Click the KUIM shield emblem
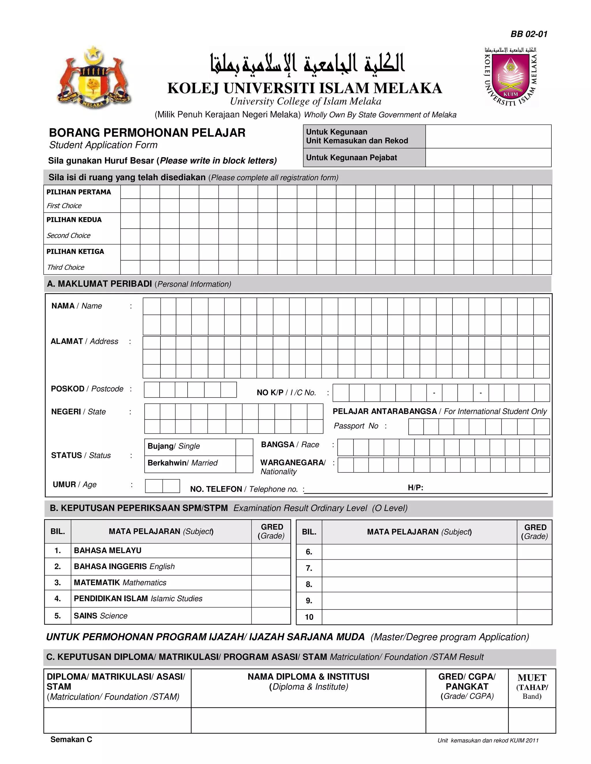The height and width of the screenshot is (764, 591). [510, 78]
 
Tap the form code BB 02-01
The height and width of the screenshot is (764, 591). [529, 34]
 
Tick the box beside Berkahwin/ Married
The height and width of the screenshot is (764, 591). [244, 464]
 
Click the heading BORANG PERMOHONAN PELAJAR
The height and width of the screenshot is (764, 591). [147, 133]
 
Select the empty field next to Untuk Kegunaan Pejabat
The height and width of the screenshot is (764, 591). [488, 157]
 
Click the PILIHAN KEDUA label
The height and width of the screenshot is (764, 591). [74, 220]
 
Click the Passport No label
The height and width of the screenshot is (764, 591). [356, 426]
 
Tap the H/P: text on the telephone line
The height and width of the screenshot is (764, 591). [415, 488]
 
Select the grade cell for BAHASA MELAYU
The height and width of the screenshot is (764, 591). [271, 551]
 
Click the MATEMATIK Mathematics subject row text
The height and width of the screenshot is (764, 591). [120, 582]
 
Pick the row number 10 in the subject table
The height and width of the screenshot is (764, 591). [309, 617]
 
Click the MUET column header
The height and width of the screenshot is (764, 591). [532, 686]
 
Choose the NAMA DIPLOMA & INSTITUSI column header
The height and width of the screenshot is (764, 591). [308, 682]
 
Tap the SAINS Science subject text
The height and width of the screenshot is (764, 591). [100, 616]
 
